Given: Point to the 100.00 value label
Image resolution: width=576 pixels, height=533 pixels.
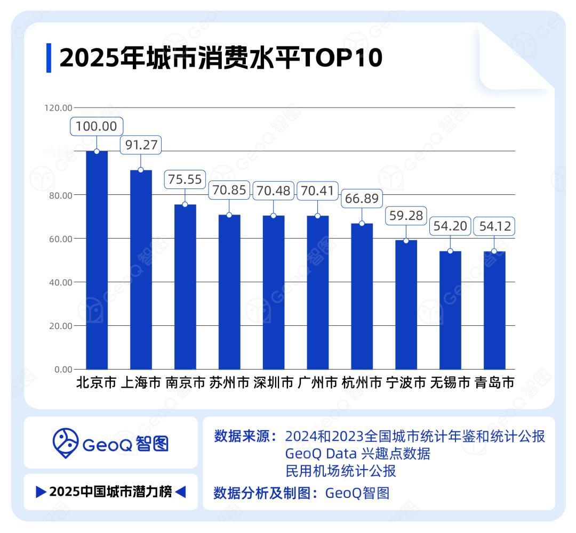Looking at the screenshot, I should click(x=97, y=127).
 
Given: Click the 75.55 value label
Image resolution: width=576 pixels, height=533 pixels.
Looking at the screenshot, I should click(x=185, y=180).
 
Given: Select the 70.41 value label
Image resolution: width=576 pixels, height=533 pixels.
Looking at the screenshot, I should click(x=318, y=191).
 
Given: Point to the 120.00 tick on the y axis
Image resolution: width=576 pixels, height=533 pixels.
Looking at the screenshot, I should click(x=58, y=108).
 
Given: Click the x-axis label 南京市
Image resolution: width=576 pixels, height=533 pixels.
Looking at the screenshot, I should click(x=185, y=383).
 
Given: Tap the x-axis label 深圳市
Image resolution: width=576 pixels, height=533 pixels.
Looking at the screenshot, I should click(x=274, y=383).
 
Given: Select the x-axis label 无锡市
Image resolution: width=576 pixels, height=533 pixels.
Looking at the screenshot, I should click(x=450, y=383).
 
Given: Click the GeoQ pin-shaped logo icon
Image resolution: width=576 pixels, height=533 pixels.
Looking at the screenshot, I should click(x=65, y=443).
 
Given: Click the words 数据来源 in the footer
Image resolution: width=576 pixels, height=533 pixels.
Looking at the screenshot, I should click(x=241, y=437).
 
